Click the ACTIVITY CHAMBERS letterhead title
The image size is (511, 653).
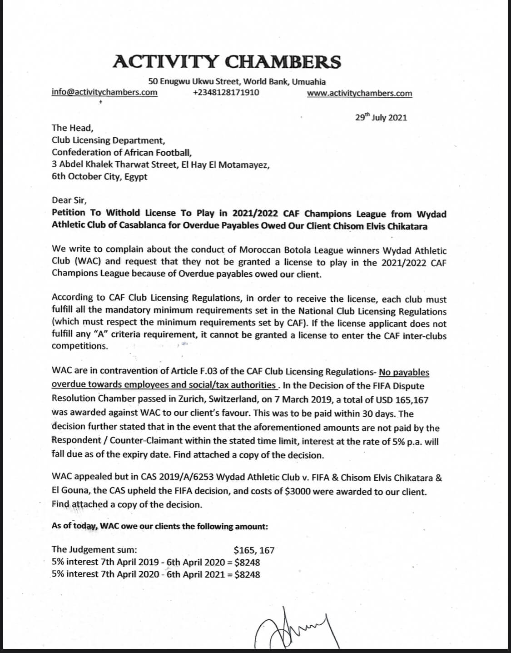226,61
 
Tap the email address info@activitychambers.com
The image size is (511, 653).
104,92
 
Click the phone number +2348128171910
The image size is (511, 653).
226,93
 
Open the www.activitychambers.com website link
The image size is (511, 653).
359,94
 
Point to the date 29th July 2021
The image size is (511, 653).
381,118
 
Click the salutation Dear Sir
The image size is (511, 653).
69,200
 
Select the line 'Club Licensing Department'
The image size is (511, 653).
108,140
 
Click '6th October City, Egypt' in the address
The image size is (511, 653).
99,176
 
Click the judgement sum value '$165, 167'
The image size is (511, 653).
254,550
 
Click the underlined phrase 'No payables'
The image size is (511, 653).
404,373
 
